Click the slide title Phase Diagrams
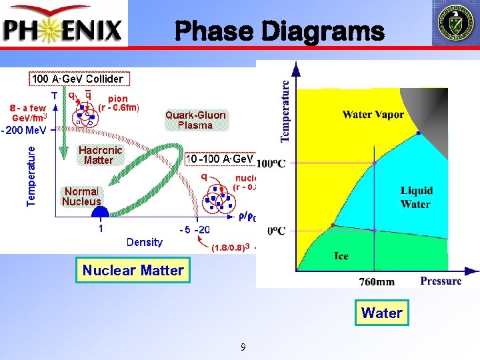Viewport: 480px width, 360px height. pyautogui.click(x=279, y=31)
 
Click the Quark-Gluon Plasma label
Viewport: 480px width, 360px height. pyautogui.click(x=195, y=119)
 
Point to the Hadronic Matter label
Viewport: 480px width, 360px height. pyautogui.click(x=99, y=155)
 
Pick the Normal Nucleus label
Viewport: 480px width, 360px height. pyautogui.click(x=81, y=196)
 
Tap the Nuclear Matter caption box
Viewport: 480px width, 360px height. pyautogui.click(x=133, y=270)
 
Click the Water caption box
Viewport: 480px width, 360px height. pyautogui.click(x=381, y=313)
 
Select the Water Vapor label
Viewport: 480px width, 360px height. pyautogui.click(x=373, y=115)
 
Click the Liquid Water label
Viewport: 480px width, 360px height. pyautogui.click(x=416, y=197)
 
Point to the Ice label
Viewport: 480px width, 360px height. pyautogui.click(x=341, y=256)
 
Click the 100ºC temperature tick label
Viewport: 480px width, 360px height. pyautogui.click(x=271, y=163)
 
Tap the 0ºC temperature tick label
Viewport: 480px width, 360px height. pyautogui.click(x=276, y=231)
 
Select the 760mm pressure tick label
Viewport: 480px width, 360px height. pyautogui.click(x=377, y=282)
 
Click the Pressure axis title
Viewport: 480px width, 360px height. pyautogui.click(x=441, y=281)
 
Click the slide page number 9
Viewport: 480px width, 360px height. pyautogui.click(x=243, y=347)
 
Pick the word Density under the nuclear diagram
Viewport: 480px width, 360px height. pyautogui.click(x=144, y=242)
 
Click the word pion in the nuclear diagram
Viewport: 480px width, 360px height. pyautogui.click(x=118, y=98)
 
